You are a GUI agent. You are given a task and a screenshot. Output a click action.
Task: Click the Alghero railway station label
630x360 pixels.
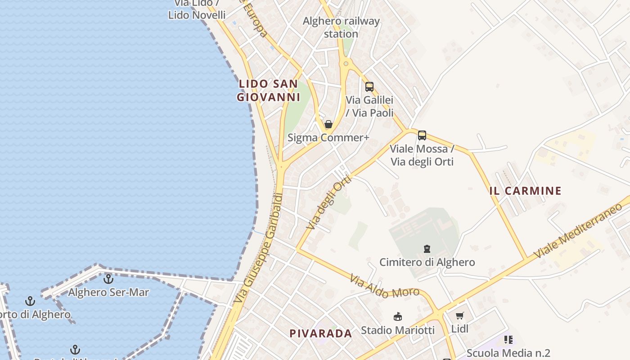coord(341,27)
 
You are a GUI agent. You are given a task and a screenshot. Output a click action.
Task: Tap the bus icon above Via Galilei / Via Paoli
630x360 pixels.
coord(369,87)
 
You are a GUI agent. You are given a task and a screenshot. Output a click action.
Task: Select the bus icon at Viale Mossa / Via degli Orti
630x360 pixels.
coord(422,135)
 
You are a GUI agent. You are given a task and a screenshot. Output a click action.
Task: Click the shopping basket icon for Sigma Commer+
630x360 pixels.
coord(328,124)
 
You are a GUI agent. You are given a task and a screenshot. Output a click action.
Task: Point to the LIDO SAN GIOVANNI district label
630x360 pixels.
coord(268,90)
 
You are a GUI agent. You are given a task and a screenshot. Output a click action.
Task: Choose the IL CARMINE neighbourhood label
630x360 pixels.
coord(525,191)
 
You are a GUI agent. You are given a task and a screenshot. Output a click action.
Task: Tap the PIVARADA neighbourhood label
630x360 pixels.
coord(320,333)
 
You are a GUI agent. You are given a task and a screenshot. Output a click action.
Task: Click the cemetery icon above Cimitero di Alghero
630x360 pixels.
coord(427,248)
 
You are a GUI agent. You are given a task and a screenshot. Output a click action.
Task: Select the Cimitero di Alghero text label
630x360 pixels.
coord(427,262)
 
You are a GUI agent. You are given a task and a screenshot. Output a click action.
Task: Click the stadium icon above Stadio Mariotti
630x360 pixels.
coord(398,317)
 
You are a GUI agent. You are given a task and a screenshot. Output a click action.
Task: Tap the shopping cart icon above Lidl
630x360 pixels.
coord(459,316)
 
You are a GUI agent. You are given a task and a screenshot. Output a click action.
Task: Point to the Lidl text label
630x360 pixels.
coord(460,329)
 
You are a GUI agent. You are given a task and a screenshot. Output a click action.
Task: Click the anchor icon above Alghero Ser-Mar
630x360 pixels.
coord(108,279)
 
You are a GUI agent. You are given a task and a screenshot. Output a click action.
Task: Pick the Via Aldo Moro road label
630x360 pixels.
coord(384,287)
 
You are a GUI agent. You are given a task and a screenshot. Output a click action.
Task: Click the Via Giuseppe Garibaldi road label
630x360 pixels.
coord(259,247)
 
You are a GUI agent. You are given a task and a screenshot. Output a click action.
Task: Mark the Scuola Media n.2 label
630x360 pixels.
coord(508,353)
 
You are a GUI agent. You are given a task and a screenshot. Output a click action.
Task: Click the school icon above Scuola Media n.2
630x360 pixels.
coord(508,340)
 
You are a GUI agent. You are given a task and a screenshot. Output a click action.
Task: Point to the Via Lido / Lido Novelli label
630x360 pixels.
coord(197,9)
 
